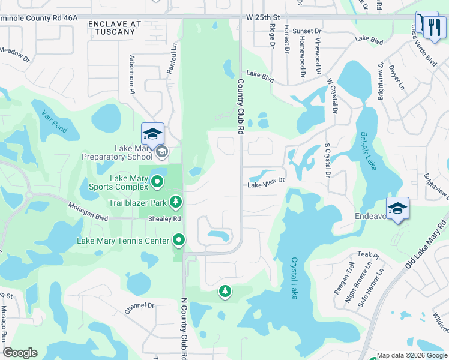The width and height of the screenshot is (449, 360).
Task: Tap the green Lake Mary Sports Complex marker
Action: click(x=157, y=181)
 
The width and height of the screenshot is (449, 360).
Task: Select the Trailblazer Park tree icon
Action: click(x=176, y=202)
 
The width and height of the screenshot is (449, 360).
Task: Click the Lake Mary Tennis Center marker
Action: click(x=179, y=241)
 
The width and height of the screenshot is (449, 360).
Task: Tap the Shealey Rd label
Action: click(x=164, y=219)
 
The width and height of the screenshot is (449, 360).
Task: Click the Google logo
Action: click(x=20, y=353)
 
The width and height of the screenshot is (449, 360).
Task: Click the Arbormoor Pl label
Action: click(x=132, y=74)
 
